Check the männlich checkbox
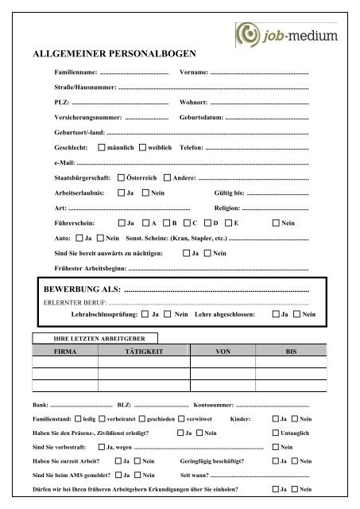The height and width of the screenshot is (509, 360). click(x=102, y=148)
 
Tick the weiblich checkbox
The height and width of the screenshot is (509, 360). click(x=142, y=148)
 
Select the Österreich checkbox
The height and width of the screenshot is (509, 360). click(x=121, y=177)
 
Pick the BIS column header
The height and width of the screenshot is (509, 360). click(x=290, y=351)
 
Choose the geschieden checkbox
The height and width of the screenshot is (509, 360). click(x=141, y=418)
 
